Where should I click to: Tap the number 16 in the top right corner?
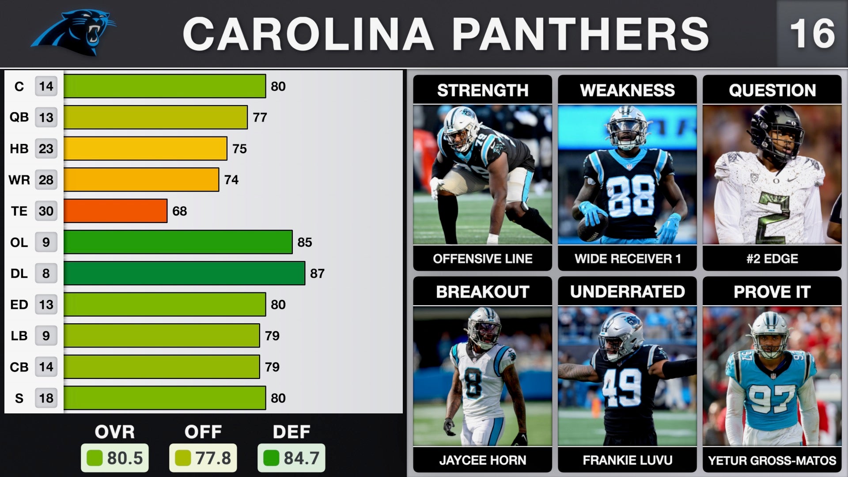pyautogui.click(x=812, y=34)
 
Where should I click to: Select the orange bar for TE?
pyautogui.click(x=115, y=211)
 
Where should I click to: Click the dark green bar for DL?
pyautogui.click(x=184, y=273)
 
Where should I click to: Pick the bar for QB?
pyautogui.click(x=155, y=117)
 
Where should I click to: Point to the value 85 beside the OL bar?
pyautogui.click(x=305, y=242)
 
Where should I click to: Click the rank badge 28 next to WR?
pyautogui.click(x=46, y=180)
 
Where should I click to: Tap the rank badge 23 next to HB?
pyautogui.click(x=46, y=149)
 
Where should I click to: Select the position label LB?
pyautogui.click(x=19, y=336)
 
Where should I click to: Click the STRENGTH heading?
pyautogui.click(x=482, y=90)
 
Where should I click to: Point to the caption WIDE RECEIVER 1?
pyautogui.click(x=627, y=258)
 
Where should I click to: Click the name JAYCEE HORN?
pyautogui.click(x=482, y=460)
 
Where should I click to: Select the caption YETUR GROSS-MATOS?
pyautogui.click(x=772, y=461)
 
